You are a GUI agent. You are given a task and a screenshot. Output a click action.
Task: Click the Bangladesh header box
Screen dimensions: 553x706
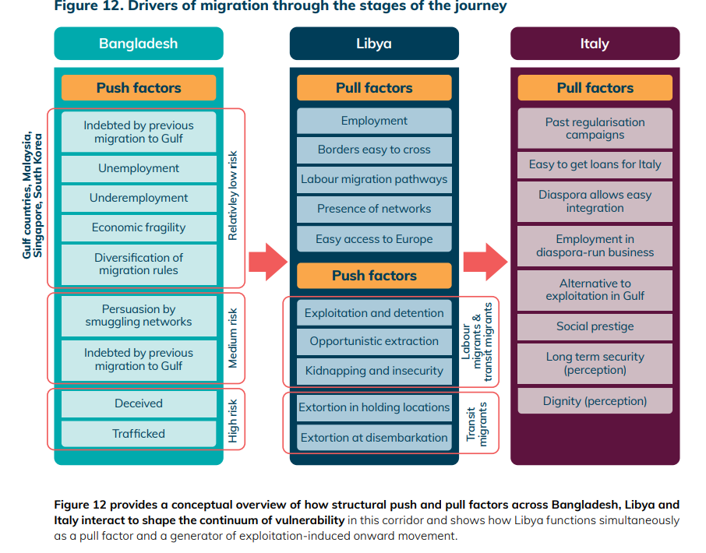coord(139,44)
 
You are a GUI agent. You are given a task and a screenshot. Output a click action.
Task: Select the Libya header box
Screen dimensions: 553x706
coord(374,44)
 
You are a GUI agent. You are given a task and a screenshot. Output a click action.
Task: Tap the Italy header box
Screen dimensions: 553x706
coord(595,44)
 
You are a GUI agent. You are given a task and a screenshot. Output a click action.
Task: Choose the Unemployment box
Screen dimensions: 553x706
coord(139,168)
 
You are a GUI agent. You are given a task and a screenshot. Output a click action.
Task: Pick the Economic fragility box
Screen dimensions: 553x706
coord(139,227)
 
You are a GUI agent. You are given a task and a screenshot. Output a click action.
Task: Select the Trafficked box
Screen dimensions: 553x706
coord(139,434)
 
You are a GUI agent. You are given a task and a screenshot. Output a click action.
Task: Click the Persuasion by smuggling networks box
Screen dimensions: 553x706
coord(139,315)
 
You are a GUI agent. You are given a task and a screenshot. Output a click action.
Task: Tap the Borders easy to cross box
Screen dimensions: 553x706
coord(374,150)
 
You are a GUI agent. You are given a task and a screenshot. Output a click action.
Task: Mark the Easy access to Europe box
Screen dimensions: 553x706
coord(374,239)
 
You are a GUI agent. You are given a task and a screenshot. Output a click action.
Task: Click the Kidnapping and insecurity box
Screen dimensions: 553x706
coord(374,371)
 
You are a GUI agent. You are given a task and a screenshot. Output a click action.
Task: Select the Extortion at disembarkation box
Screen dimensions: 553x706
coord(374,438)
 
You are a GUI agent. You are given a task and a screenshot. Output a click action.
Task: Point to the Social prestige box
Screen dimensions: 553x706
coord(595,326)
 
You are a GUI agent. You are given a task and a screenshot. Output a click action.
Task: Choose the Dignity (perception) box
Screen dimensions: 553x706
coord(595,401)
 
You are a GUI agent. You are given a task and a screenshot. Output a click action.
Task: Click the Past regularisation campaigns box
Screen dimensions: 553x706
coord(595,129)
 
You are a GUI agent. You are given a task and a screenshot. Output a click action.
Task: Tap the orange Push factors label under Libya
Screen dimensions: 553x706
coord(374,276)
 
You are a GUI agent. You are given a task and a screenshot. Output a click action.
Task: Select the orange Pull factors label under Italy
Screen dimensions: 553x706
coord(595,88)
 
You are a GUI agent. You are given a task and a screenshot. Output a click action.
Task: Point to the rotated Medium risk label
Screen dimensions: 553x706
coord(232,338)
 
